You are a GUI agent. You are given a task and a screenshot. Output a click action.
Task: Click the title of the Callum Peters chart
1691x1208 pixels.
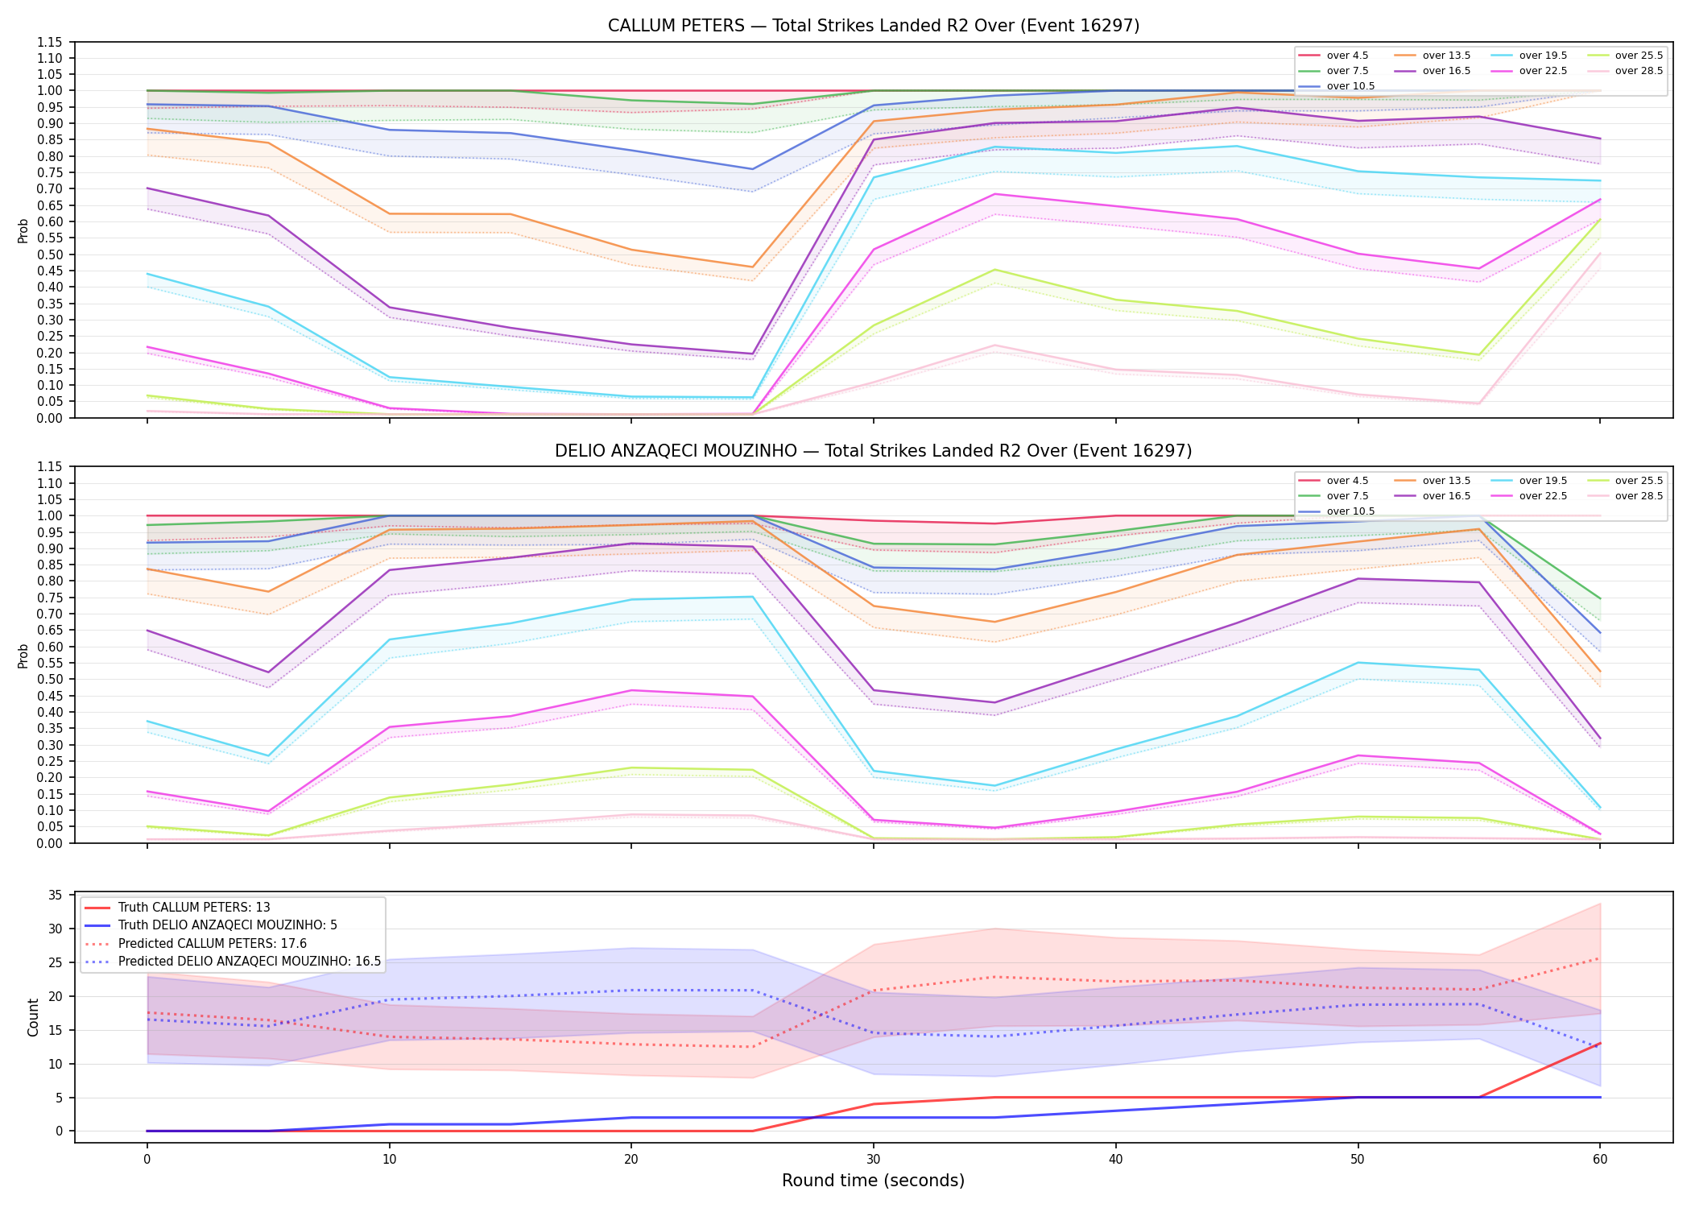pyautogui.click(x=874, y=26)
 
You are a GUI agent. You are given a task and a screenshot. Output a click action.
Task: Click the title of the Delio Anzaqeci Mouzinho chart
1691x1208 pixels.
pyautogui.click(x=874, y=451)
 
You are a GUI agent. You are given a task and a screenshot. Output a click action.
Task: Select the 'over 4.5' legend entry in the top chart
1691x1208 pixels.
pyautogui.click(x=1333, y=56)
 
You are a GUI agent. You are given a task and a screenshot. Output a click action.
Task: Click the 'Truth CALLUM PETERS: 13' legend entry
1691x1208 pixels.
pyautogui.click(x=177, y=908)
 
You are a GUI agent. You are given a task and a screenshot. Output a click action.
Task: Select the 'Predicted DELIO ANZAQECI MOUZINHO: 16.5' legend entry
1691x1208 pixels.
pyautogui.click(x=233, y=962)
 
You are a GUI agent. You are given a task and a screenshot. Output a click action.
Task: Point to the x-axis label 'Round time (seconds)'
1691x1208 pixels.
pyautogui.click(x=874, y=1181)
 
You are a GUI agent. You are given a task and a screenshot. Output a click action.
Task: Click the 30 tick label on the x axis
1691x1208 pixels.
pyautogui.click(x=874, y=1160)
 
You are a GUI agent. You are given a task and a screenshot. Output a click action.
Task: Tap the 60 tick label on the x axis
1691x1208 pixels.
pyautogui.click(x=1600, y=1160)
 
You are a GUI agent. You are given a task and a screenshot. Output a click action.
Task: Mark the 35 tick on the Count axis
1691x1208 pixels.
pyautogui.click(x=56, y=896)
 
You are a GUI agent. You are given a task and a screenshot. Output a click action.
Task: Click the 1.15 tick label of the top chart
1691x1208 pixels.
pyautogui.click(x=50, y=42)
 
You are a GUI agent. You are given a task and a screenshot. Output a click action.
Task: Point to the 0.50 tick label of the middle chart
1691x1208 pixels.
pyautogui.click(x=50, y=680)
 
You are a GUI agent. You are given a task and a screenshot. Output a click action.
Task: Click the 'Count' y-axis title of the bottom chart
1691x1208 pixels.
pyautogui.click(x=33, y=1017)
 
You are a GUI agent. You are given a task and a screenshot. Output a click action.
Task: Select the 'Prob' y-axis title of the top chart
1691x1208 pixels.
pyautogui.click(x=23, y=230)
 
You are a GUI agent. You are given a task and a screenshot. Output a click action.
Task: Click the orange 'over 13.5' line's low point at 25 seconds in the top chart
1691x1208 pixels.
pyautogui.click(x=752, y=267)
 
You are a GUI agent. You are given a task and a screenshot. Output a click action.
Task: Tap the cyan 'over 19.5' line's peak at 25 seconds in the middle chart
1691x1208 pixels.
pyautogui.click(x=752, y=597)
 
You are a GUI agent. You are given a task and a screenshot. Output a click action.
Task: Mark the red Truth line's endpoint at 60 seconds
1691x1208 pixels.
pyautogui.click(x=1600, y=1043)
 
